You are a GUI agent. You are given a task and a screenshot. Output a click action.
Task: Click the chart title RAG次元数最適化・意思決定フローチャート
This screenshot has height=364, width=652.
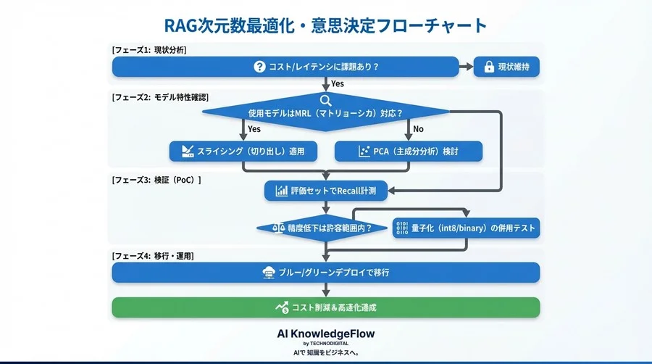pyautogui.click(x=326, y=26)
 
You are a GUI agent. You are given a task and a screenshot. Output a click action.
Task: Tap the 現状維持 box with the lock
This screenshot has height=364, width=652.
pyautogui.click(x=506, y=67)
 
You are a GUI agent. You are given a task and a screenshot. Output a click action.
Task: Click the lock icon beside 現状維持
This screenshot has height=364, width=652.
pyautogui.click(x=489, y=67)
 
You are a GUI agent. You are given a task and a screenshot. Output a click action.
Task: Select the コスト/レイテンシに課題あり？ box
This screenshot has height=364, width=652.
pyautogui.click(x=285, y=67)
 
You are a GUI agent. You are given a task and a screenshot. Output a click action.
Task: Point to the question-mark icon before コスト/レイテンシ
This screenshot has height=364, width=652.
pyautogui.click(x=259, y=67)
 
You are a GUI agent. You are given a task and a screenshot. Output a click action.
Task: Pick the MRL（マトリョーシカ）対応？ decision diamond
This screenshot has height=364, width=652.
pyautogui.click(x=325, y=113)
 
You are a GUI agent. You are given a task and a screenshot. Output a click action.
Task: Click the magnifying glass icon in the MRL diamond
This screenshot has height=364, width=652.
pyautogui.click(x=326, y=101)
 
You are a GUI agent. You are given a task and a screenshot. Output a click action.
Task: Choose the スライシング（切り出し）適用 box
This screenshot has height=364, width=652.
pyautogui.click(x=242, y=152)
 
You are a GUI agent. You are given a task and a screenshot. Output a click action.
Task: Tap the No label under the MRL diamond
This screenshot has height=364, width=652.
pyautogui.click(x=417, y=129)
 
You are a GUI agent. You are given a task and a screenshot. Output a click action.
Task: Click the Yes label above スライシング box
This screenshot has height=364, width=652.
pyautogui.click(x=254, y=129)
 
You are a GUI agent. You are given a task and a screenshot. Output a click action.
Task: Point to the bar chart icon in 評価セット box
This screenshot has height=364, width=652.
pyautogui.click(x=281, y=191)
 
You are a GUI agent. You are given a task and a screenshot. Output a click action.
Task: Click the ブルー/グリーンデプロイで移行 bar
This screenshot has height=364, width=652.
pyautogui.click(x=325, y=273)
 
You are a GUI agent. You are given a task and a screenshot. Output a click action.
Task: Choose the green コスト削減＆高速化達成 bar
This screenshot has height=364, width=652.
pyautogui.click(x=325, y=307)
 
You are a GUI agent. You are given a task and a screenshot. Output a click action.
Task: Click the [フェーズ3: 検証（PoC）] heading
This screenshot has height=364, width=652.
pyautogui.click(x=156, y=179)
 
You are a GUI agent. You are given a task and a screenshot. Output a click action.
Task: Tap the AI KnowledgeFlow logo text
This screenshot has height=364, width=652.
pyautogui.click(x=326, y=334)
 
